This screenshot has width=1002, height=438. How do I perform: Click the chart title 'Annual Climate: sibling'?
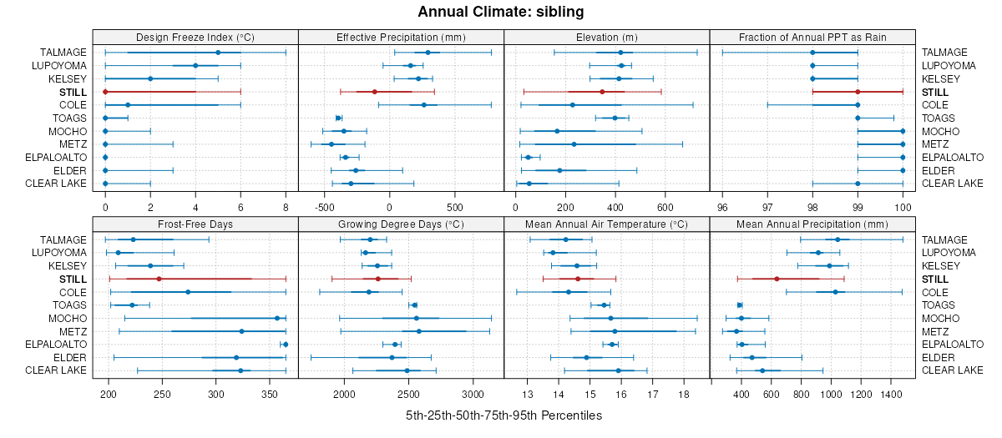pyautogui.click(x=501, y=12)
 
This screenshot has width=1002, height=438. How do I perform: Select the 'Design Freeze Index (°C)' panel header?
pyautogui.click(x=195, y=37)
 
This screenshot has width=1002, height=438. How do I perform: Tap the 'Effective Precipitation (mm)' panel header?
pyautogui.click(x=401, y=37)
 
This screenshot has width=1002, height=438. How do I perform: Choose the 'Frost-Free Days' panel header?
pyautogui.click(x=195, y=224)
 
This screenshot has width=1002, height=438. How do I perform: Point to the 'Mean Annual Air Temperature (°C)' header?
pyautogui.click(x=606, y=224)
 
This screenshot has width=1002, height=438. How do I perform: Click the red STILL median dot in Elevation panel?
pyautogui.click(x=602, y=92)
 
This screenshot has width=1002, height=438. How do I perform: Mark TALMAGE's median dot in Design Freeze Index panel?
pyautogui.click(x=218, y=53)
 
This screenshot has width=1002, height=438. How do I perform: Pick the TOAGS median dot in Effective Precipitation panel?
pyautogui.click(x=338, y=118)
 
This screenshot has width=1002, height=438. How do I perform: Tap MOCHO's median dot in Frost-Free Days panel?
pyautogui.click(x=277, y=318)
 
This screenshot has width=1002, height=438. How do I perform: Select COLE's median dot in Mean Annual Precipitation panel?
pyautogui.click(x=835, y=292)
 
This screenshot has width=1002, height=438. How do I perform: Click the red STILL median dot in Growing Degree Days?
pyautogui.click(x=377, y=279)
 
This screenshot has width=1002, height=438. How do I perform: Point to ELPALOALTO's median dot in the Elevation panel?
pyautogui.click(x=528, y=157)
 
